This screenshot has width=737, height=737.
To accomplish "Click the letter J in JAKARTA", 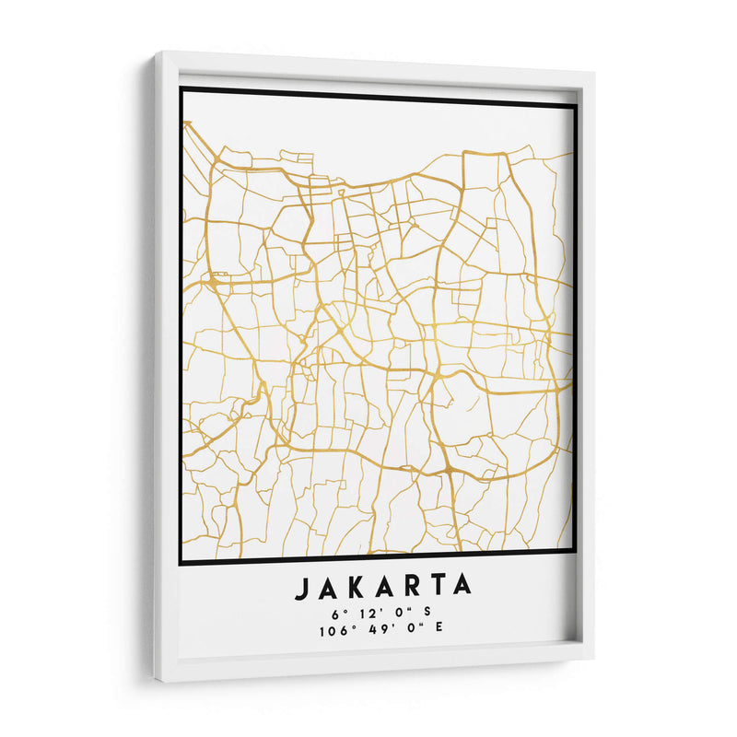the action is coord(302,587).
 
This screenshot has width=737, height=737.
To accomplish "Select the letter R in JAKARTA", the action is coord(411,587).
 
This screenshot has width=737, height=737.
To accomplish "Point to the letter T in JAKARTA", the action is coord(437,586).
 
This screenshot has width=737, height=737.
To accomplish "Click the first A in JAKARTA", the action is coord(328,587).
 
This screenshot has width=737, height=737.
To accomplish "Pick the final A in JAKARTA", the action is coord(462,586).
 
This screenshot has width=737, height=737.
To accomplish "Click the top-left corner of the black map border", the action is coord(181,88).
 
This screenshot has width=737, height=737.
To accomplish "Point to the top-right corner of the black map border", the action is coord(576,104).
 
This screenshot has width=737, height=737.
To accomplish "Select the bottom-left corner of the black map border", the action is coord(181,561).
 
